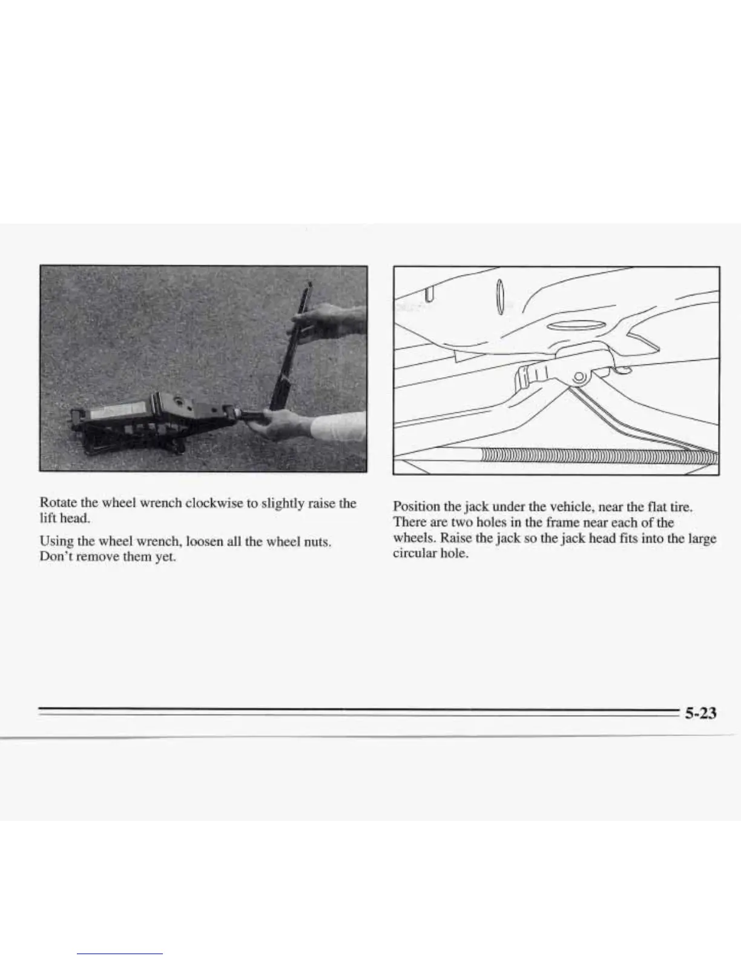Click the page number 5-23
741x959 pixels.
point(700,713)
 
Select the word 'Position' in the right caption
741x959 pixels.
point(413,506)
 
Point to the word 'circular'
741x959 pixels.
point(413,553)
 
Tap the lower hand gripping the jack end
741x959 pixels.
point(278,424)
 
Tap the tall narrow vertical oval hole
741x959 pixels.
point(499,297)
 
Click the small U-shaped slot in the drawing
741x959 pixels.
point(429,294)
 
